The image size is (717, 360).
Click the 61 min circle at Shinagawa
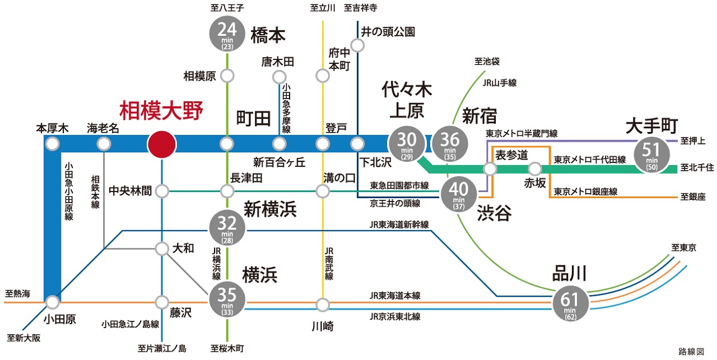pos(570,302)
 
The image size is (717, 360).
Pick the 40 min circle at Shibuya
pos(459,195)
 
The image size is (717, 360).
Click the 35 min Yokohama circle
pos(227,301)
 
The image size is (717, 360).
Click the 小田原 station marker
pos(53,303)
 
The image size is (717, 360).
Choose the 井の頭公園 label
pos(388,32)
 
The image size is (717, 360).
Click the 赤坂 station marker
pos(535,168)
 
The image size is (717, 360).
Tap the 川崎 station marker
pos(323,305)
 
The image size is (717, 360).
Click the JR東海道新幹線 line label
pos(398,225)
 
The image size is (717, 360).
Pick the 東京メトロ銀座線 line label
pos(585,191)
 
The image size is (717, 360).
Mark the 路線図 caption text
pos(691,351)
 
